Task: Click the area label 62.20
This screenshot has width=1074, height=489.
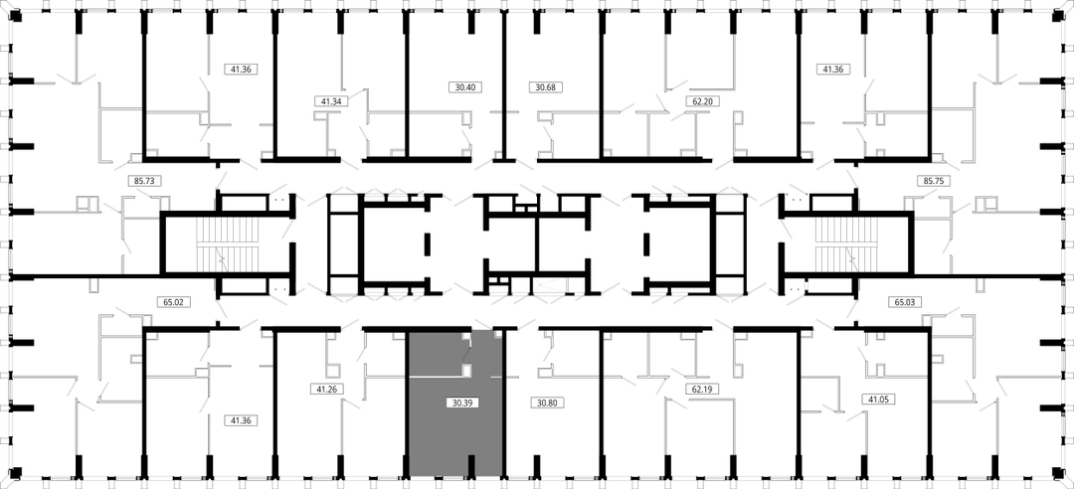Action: click(x=701, y=100)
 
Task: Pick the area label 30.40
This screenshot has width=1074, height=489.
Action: click(x=465, y=87)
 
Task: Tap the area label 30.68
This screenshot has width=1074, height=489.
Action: click(x=547, y=87)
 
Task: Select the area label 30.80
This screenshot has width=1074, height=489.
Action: click(x=547, y=403)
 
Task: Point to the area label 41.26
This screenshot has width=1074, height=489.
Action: click(x=327, y=389)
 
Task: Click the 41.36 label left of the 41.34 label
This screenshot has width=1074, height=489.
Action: click(x=241, y=69)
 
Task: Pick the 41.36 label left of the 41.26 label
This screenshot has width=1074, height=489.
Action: click(x=241, y=421)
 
